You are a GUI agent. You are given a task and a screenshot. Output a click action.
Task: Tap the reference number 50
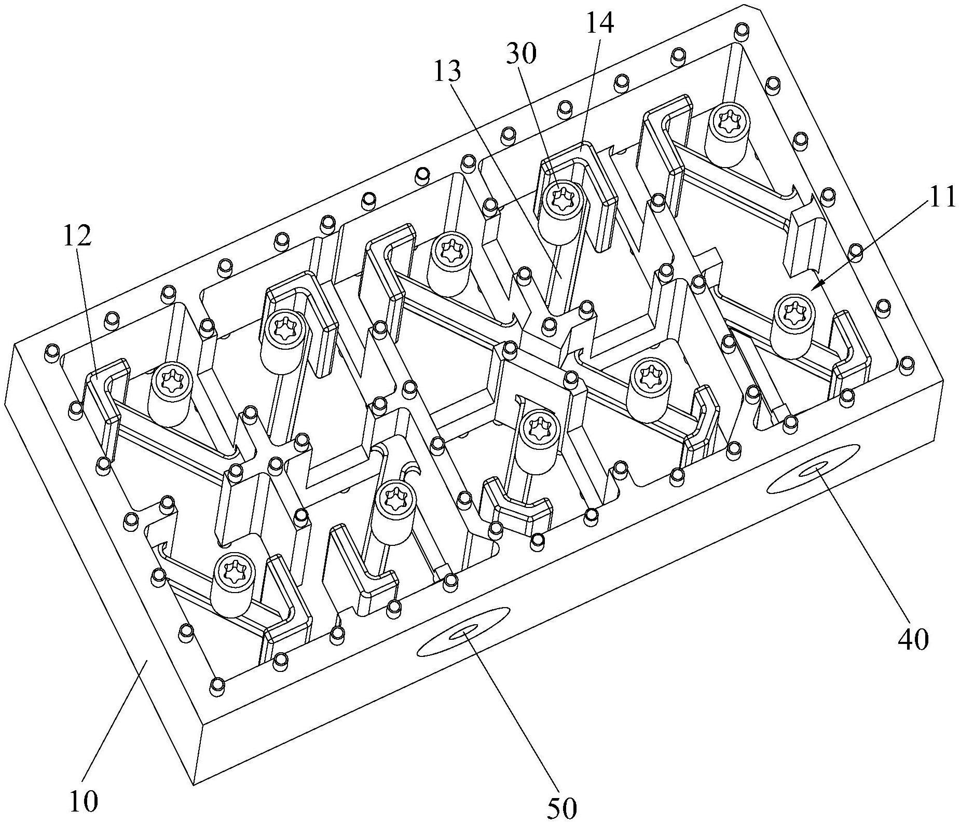click(x=562, y=808)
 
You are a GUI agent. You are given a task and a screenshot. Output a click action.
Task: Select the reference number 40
click(x=913, y=640)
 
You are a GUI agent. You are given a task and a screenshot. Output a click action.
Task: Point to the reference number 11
click(x=941, y=196)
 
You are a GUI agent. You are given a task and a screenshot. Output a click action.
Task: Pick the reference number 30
click(x=522, y=54)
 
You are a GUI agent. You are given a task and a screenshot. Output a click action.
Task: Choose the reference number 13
click(x=446, y=72)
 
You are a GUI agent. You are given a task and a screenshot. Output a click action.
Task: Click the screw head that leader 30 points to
click(x=562, y=198)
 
